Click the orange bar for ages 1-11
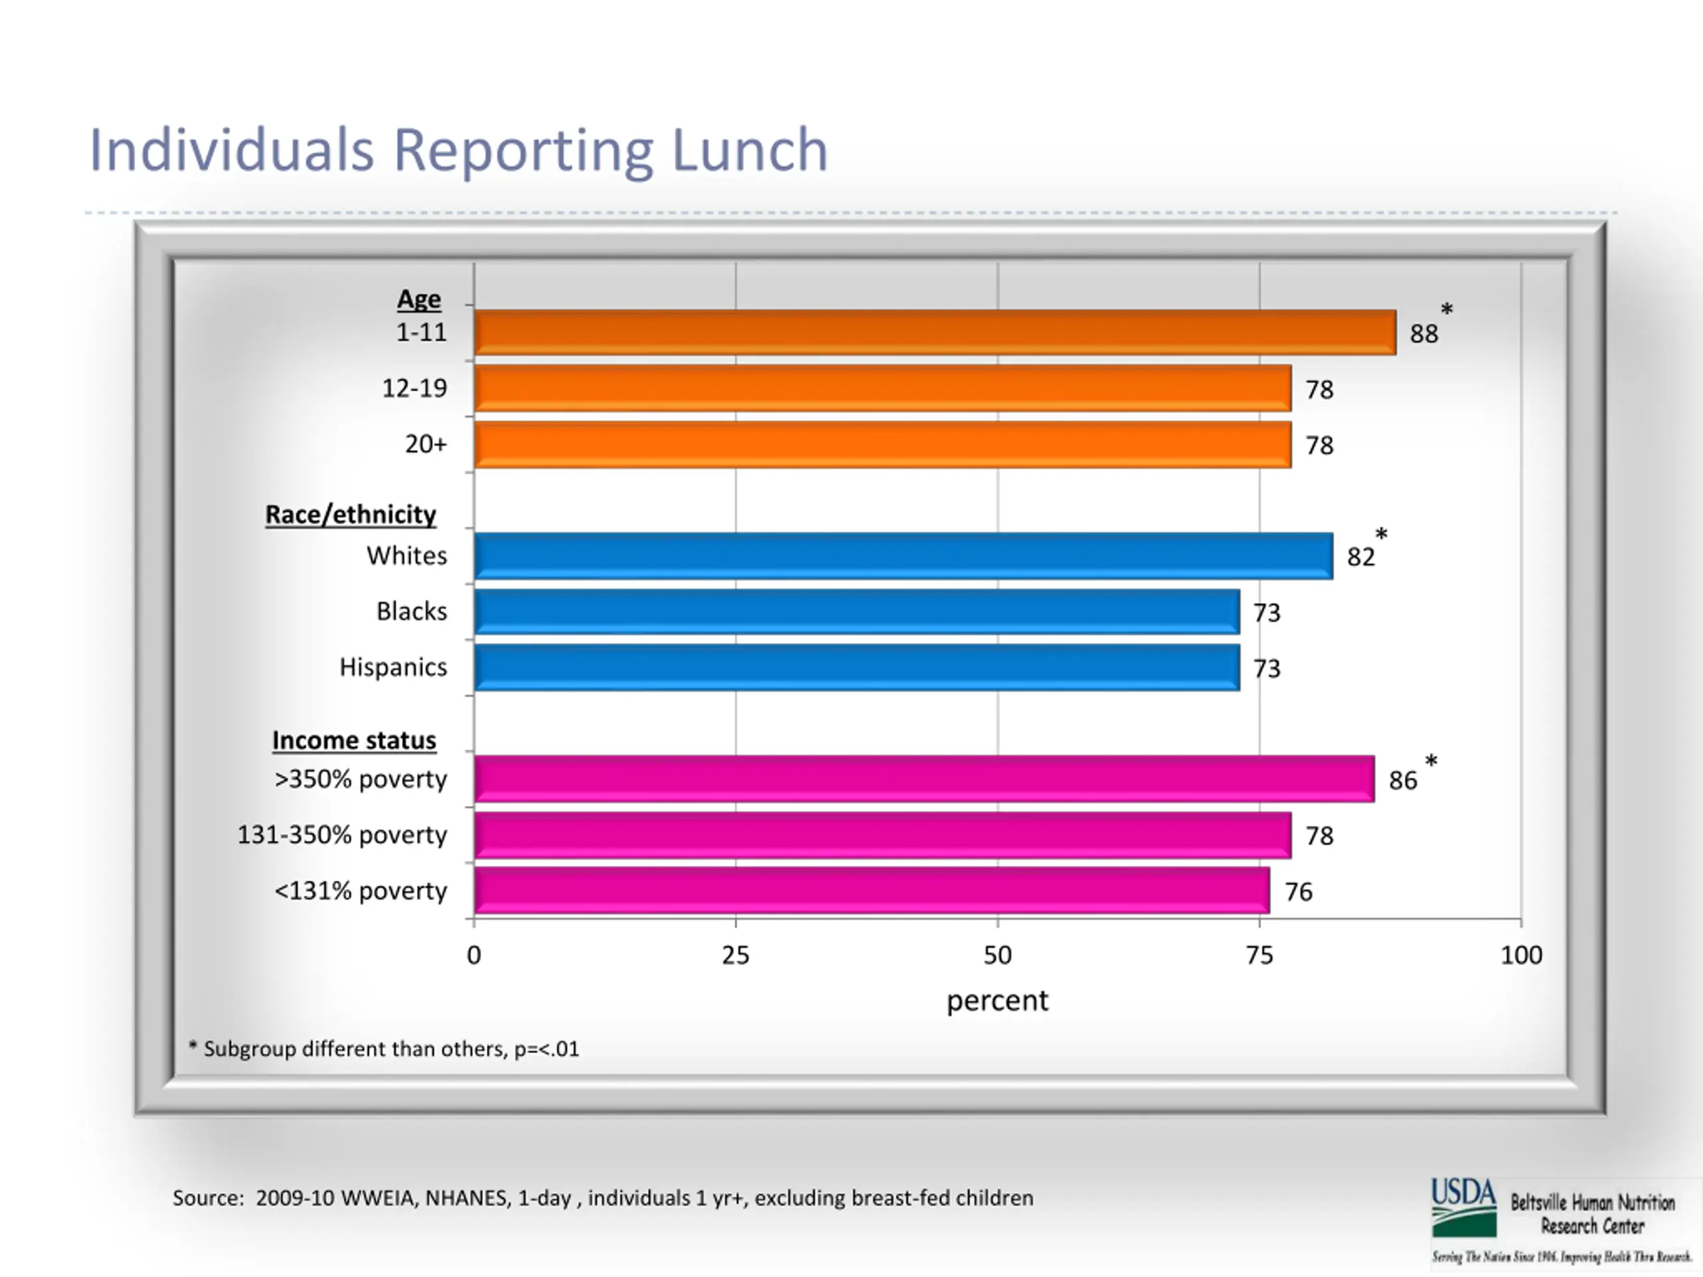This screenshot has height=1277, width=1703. [x=935, y=333]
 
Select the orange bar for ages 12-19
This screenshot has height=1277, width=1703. [x=882, y=388]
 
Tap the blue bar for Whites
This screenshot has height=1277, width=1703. [x=903, y=556]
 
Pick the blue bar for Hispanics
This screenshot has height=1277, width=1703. [x=856, y=667]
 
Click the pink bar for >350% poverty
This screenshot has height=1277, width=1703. [x=924, y=779]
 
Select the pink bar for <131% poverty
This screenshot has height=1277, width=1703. [x=871, y=891]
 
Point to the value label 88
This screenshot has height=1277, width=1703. [x=1424, y=334]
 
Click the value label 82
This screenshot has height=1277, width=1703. [x=1360, y=557]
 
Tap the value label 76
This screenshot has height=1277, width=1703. [x=1298, y=892]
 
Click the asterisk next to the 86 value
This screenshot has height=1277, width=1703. [x=1431, y=762]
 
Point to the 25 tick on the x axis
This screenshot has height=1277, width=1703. [x=735, y=955]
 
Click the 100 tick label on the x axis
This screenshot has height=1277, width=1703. [x=1521, y=955]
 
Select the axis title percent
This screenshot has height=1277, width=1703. [x=997, y=1001]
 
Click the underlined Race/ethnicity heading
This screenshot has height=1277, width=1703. [x=351, y=514]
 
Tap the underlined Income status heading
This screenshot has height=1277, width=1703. [x=353, y=740]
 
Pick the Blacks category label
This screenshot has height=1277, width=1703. [x=411, y=611]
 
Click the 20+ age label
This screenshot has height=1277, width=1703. [x=425, y=444]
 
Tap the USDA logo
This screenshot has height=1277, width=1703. [x=1464, y=1207]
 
